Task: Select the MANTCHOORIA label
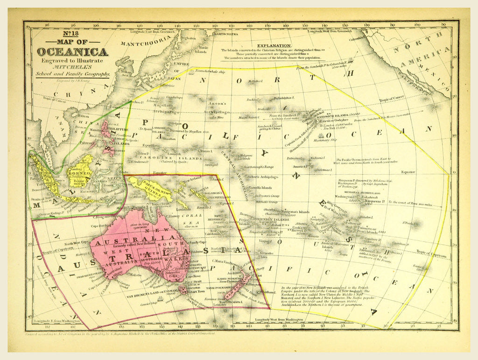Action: coord(141,44)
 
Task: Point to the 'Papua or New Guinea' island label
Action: coord(149,185)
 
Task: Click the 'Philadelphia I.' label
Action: coord(285,98)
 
